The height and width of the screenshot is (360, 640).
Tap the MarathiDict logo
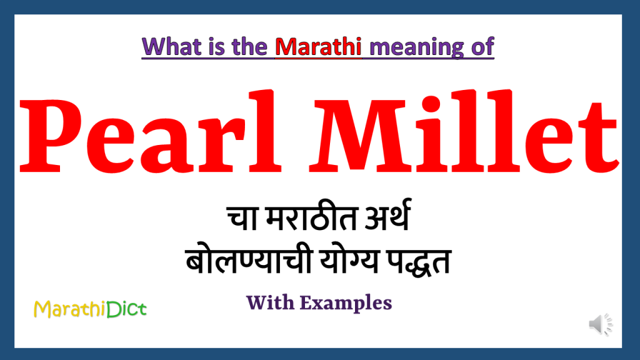[90, 308]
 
